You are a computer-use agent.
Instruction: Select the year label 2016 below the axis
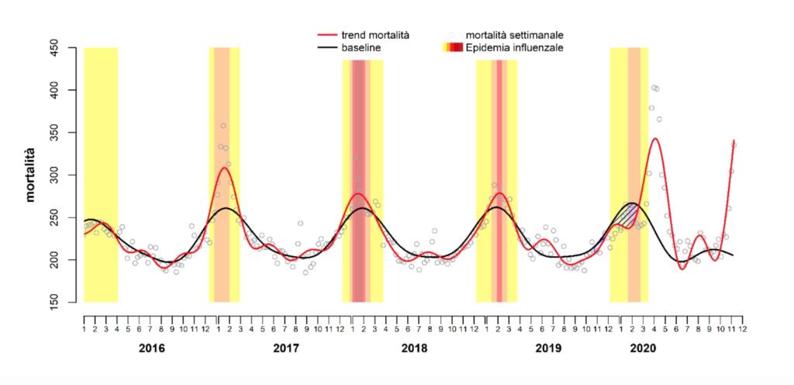point(151,349)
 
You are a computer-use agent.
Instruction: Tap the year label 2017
point(285,349)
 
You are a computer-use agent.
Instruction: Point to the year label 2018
point(414,349)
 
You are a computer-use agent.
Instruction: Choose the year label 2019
point(548,349)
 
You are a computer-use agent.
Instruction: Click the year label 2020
point(644,349)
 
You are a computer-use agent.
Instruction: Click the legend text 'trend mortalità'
point(375,35)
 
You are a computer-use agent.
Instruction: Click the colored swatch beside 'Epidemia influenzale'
point(452,47)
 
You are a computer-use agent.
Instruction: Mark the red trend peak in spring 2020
point(655,138)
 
